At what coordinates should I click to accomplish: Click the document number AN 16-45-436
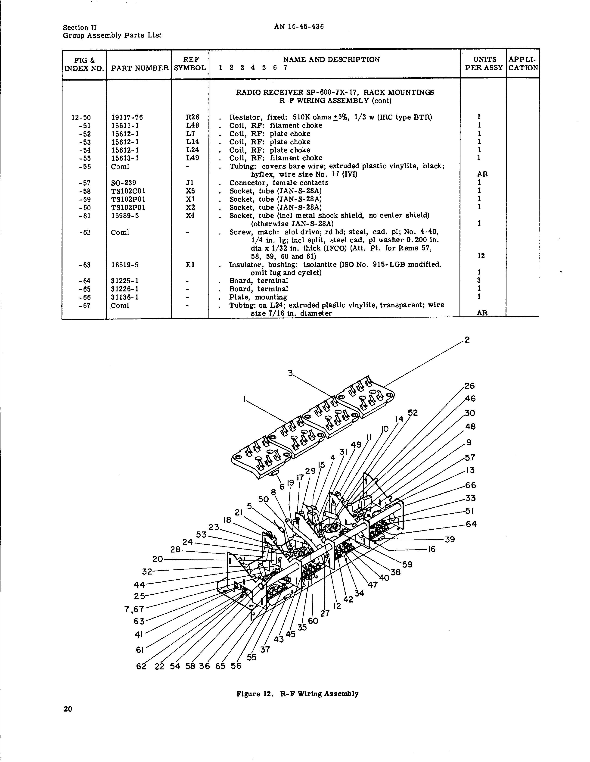[x=299, y=27]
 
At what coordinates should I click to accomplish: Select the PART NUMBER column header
[x=140, y=68]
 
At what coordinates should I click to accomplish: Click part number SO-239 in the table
[x=124, y=183]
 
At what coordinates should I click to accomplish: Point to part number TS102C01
[x=128, y=191]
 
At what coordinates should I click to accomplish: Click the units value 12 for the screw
[x=481, y=256]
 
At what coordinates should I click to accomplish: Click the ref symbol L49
[x=190, y=158]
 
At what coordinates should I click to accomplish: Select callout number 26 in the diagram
[x=470, y=386]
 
